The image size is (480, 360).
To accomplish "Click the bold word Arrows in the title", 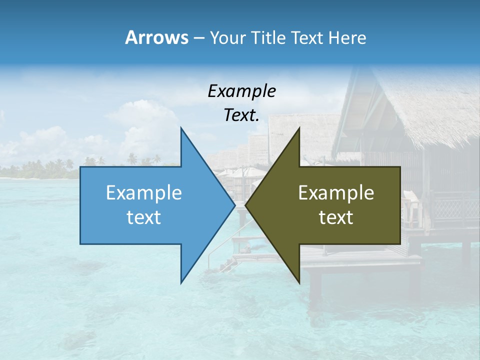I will pos(156,37).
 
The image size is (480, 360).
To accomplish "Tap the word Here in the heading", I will pos(347,37).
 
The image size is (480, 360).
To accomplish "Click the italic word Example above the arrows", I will pos(241,91).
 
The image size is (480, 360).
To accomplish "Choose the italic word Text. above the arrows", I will pos(241,115).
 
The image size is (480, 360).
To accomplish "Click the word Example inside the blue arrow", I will pos(143,192).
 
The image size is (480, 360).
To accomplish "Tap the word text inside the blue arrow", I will pos(143,217).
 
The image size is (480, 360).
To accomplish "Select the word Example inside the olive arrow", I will pos(336,192).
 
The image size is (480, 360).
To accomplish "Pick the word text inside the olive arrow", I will pos(336,217).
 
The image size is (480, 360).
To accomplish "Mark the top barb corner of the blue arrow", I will pos(181,128).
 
